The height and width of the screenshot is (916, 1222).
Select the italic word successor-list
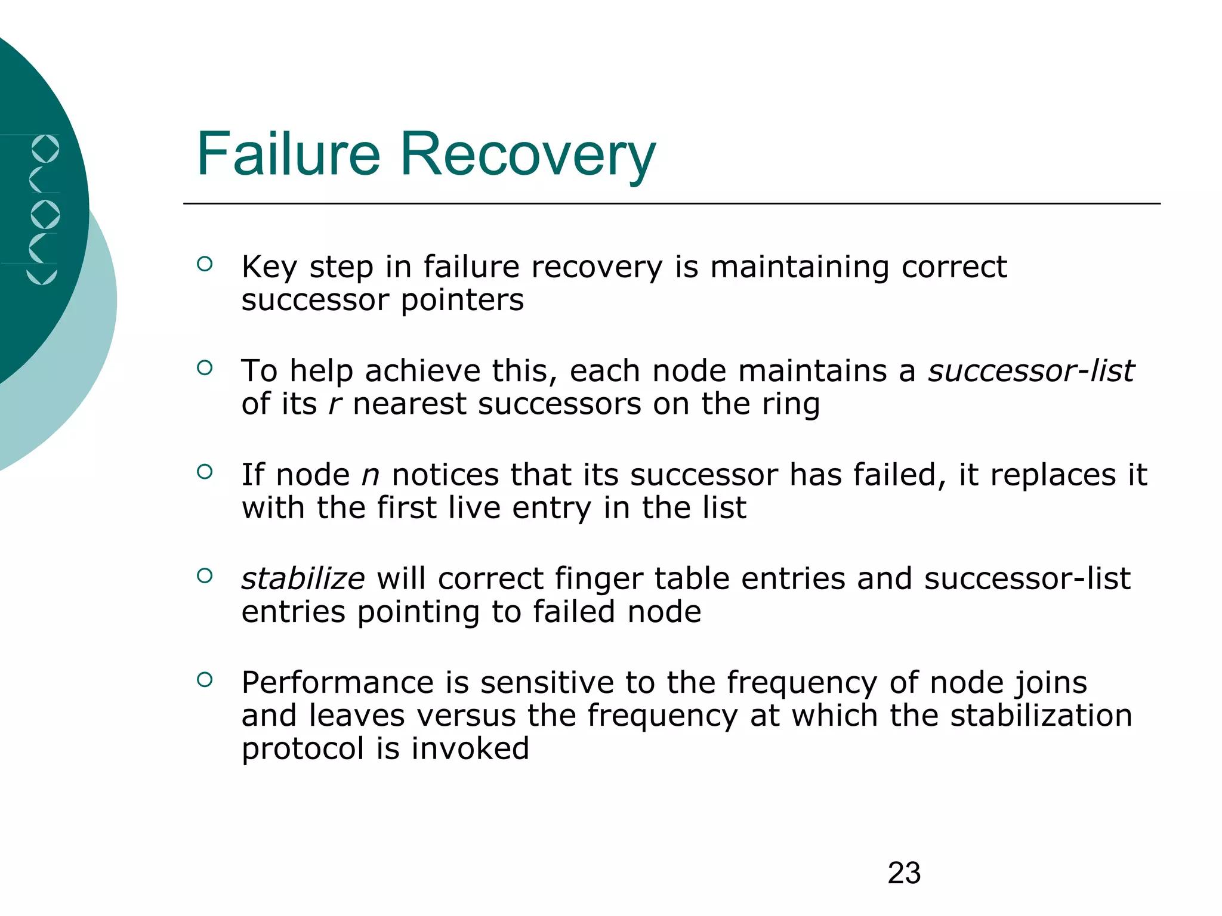coord(1031,371)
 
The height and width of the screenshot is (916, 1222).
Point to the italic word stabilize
coord(303,579)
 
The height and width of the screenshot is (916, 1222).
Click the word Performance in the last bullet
coord(337,683)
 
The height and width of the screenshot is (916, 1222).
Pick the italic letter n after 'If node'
coord(371,475)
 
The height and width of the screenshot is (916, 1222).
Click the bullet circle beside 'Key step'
coord(205,264)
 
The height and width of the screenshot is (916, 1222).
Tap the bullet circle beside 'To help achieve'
coord(205,368)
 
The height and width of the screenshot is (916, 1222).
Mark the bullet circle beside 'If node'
coord(205,472)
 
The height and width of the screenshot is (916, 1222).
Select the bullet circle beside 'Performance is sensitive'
coord(205,679)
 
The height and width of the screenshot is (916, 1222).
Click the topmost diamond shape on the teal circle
coord(45,149)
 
